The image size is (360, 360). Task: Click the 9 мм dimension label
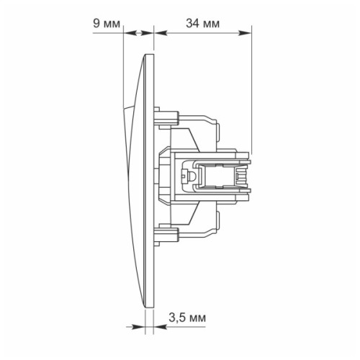pos(107,24)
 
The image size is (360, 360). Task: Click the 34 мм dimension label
pos(202,24)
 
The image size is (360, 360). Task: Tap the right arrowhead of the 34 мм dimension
pos(246,33)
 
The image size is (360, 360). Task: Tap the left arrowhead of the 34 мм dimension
pos(161,33)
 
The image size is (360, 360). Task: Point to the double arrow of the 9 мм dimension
pos(138,33)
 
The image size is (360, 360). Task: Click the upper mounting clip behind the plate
pos(166,118)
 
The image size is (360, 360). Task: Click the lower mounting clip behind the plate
pos(166,235)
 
